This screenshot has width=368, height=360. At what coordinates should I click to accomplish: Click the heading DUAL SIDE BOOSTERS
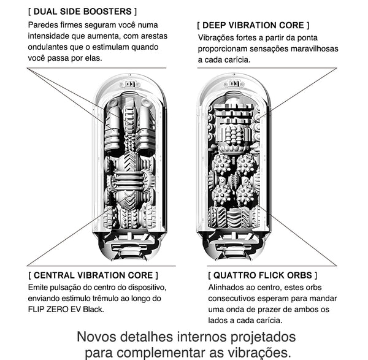tap(82, 12)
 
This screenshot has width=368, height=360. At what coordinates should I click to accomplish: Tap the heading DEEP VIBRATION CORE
tap(253, 25)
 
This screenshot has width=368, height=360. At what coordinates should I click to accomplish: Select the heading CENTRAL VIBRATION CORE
tap(93, 275)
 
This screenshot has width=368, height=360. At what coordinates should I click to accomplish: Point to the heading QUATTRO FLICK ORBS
tap(263, 275)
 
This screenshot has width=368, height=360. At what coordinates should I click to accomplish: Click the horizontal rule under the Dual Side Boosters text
tap(96, 68)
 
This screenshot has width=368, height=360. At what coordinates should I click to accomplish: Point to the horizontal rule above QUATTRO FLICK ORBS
tap(272, 266)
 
